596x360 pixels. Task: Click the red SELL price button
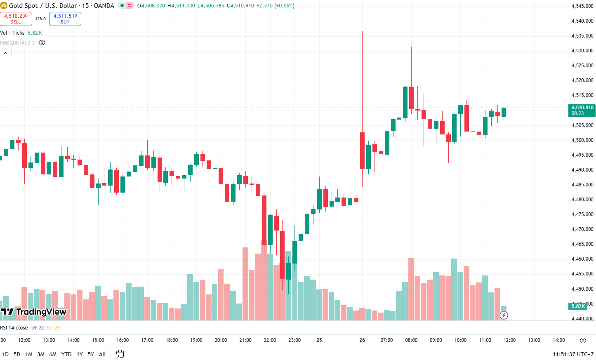16,19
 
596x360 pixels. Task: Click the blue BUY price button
65,19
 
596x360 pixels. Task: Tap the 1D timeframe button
5,354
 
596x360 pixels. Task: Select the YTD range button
66,354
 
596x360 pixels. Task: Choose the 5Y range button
91,354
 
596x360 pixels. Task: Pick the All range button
102,354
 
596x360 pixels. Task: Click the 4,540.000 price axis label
582,21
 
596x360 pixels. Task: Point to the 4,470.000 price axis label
582,229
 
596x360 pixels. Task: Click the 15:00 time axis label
98,340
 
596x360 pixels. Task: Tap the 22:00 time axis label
270,340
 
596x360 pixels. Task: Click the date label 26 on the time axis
362,340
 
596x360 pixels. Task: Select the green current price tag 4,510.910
582,111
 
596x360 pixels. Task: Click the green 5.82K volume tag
578,306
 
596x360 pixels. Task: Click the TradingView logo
34,312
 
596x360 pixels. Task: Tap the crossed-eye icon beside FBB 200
42,42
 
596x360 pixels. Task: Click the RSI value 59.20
38,328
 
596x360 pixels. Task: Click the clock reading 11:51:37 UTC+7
573,354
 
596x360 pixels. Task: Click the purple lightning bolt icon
504,315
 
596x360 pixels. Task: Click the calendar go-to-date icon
120,354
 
